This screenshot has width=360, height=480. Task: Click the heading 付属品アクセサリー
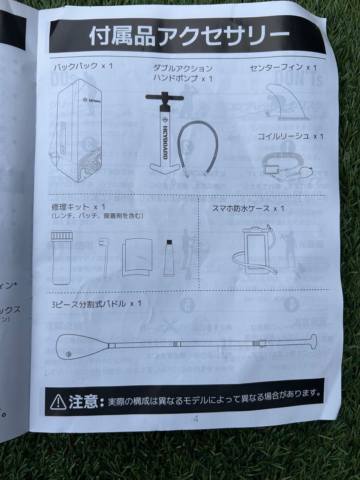click(189, 36)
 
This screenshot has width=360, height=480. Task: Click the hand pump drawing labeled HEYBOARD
click(162, 133)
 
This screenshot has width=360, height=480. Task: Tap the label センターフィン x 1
click(283, 68)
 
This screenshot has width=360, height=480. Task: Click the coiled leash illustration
click(284, 166)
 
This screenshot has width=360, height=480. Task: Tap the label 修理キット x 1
click(78, 207)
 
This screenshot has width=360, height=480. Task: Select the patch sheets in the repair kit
click(138, 258)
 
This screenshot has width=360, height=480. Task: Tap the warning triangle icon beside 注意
click(58, 402)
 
